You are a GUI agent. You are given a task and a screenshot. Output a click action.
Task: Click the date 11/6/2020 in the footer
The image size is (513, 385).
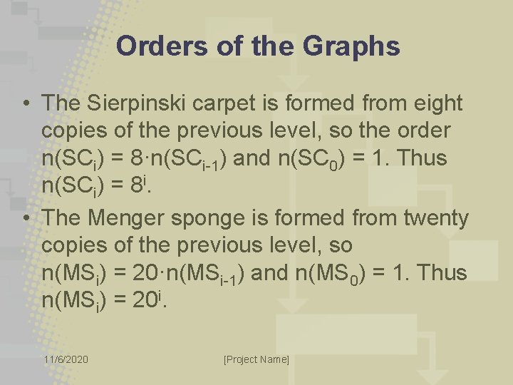(x=66, y=359)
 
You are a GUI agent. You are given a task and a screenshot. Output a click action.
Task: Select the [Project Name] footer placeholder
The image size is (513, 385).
(x=256, y=359)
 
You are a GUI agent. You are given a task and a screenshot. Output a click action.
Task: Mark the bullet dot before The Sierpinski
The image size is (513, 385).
(x=25, y=104)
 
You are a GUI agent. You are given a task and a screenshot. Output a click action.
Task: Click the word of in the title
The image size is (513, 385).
(x=219, y=46)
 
